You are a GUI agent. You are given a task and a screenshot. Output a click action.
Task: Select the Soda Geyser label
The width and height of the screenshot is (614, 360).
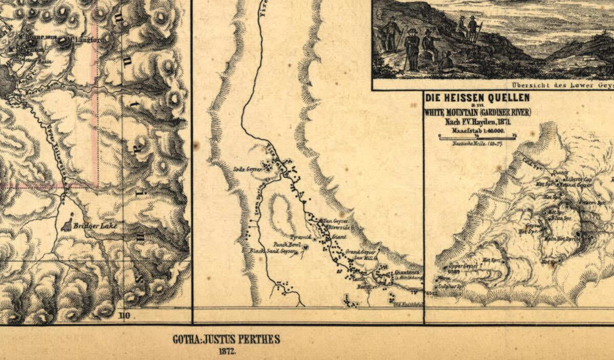point(245,168)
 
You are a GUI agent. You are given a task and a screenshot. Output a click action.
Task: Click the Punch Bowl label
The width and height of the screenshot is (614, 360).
point(286,244)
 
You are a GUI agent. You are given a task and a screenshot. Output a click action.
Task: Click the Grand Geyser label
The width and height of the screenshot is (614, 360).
point(361,252)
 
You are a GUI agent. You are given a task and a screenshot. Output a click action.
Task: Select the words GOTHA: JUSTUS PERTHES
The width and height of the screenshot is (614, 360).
point(226,340)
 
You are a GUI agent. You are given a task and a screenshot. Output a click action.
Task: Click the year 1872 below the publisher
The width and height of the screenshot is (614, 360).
point(226,352)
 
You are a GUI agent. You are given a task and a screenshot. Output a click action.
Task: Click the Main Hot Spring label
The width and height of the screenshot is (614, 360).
point(561,238)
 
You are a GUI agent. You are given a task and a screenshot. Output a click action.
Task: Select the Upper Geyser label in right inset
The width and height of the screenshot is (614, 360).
point(459,266)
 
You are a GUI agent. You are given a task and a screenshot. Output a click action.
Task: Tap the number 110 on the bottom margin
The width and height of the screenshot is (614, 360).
point(124,316)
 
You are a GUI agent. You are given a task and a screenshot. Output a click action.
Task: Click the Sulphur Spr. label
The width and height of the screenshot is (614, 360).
point(450,287)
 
